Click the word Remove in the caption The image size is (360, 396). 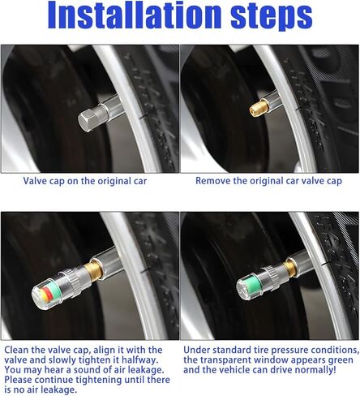pos(213,182)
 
